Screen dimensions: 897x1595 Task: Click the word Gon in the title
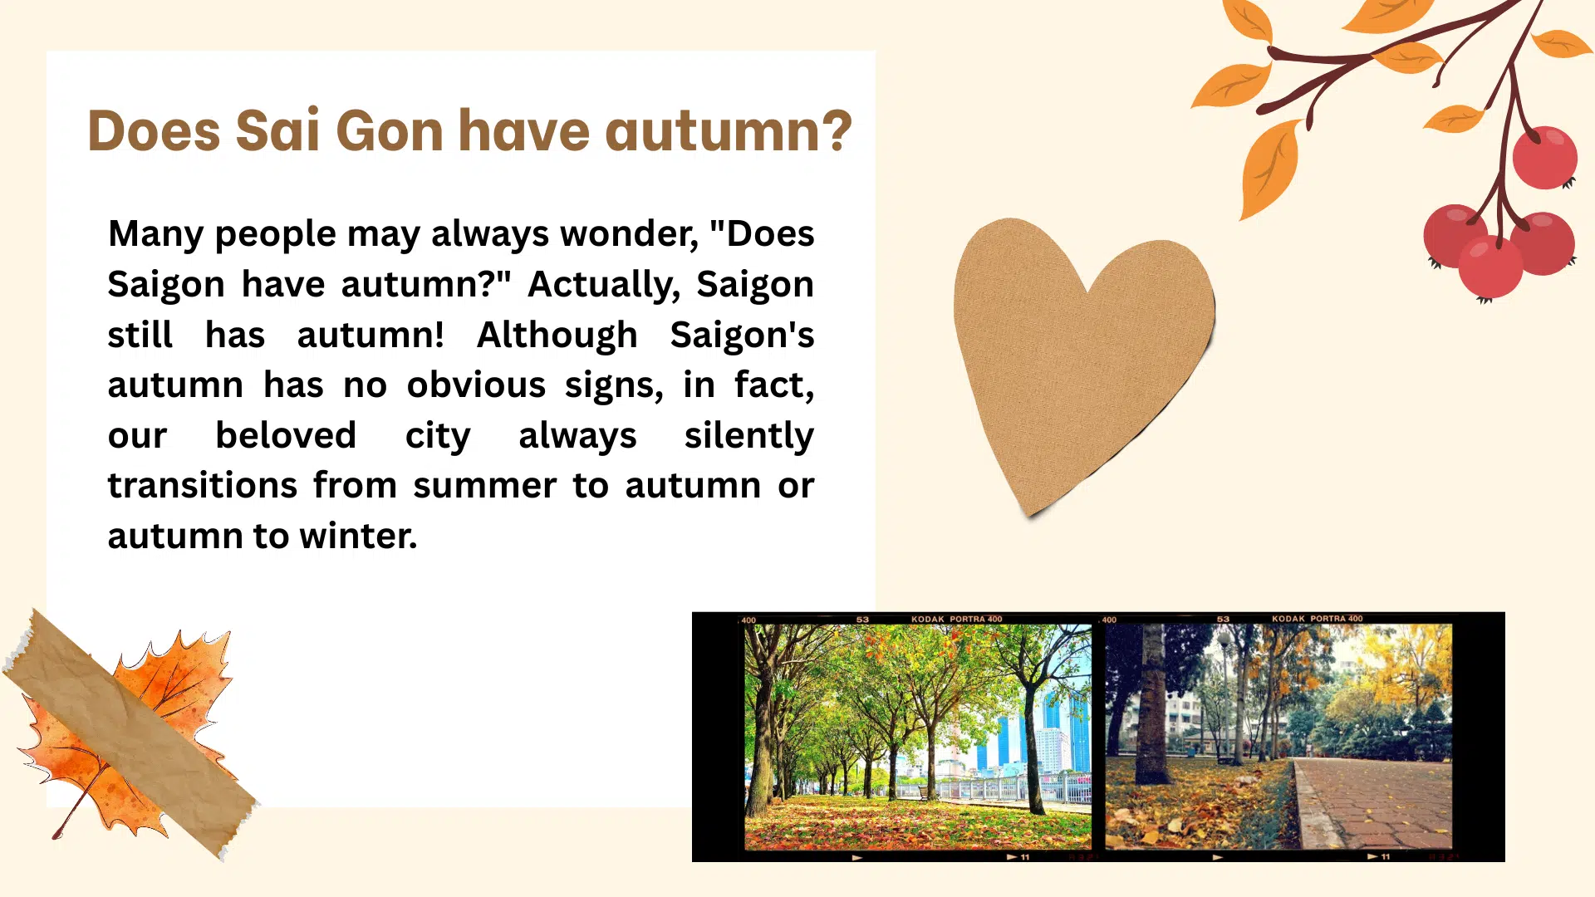coord(389,131)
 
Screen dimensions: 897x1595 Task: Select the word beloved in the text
coord(286,435)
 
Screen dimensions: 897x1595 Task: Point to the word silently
coord(749,435)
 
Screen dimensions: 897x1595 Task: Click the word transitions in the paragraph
coord(202,485)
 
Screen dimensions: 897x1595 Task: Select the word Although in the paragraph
coord(557,335)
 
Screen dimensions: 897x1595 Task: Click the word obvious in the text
coord(476,385)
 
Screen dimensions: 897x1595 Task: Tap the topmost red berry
coord(1544,158)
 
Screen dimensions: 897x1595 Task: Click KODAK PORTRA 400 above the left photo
coord(956,619)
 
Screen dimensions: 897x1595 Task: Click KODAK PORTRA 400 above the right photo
coord(1317,619)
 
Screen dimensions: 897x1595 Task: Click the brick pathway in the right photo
coord(1379,806)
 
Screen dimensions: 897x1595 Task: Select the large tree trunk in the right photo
coord(1151,706)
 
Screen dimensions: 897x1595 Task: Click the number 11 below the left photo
coord(1025,856)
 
